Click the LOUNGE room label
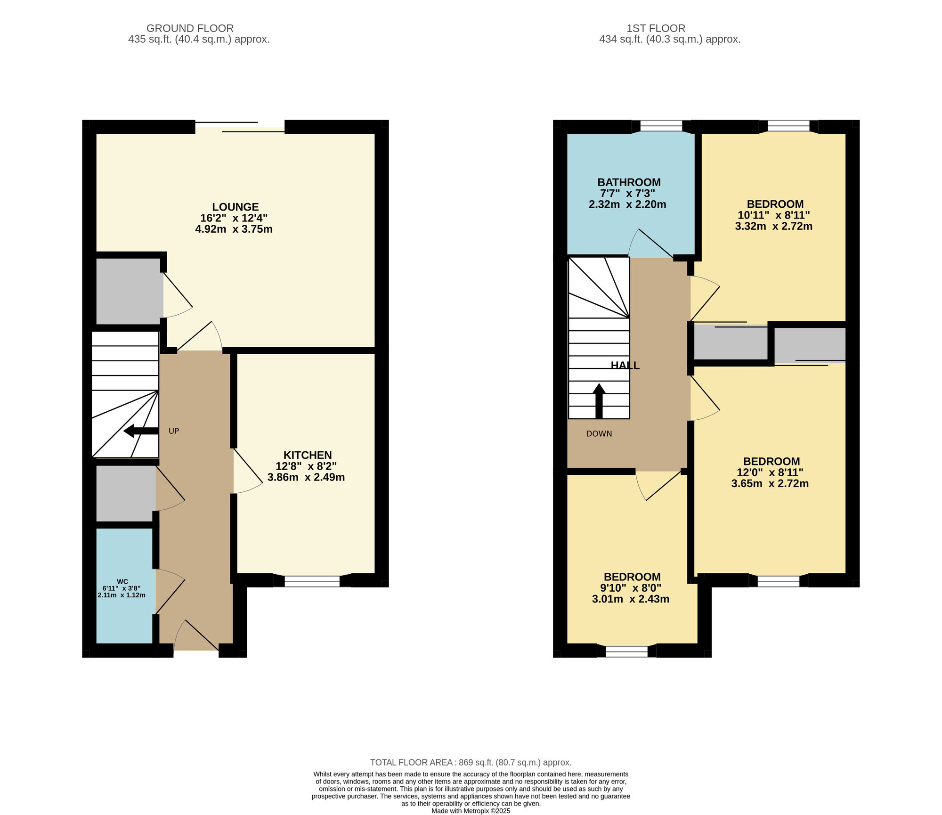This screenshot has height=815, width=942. tap(235, 207)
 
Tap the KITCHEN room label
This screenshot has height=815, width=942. tap(308, 455)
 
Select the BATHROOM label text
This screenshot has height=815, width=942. tap(629, 182)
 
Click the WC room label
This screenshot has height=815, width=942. tap(122, 581)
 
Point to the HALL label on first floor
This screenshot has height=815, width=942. tap(625, 366)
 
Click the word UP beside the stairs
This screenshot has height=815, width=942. tap(174, 431)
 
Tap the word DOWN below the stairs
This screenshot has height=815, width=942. tap(599, 434)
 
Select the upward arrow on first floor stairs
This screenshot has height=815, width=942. tap(599, 401)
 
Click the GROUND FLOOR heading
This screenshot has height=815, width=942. tap(190, 28)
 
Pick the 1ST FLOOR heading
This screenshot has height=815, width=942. tap(656, 28)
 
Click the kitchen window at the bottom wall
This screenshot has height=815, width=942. tap(312, 581)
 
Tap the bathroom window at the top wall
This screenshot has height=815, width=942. tap(661, 126)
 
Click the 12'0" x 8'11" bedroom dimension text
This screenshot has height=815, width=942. tap(770, 473)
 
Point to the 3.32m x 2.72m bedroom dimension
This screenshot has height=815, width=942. tap(774, 226)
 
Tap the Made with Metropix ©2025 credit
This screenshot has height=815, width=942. tap(471, 811)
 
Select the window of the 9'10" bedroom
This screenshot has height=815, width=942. tap(627, 652)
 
